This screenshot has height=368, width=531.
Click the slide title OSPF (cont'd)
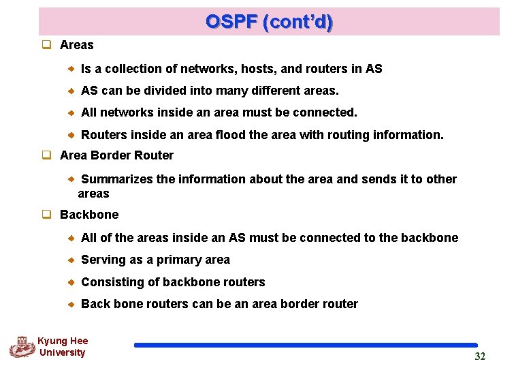pos(270,22)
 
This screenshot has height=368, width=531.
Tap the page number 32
pos(480,356)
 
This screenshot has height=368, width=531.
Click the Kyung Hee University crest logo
pos(22,346)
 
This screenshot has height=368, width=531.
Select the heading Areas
pos(76,45)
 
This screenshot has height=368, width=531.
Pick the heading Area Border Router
pos(116,155)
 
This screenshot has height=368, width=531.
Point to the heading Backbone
pos(88,215)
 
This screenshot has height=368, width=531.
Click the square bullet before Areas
pos(47,45)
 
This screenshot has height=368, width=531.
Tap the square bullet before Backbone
pos(47,215)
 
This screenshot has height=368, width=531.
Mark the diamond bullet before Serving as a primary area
pos(71,260)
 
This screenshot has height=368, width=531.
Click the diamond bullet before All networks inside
pos(71,113)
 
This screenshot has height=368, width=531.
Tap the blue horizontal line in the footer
pos(306,346)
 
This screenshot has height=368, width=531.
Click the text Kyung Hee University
pos(62,347)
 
